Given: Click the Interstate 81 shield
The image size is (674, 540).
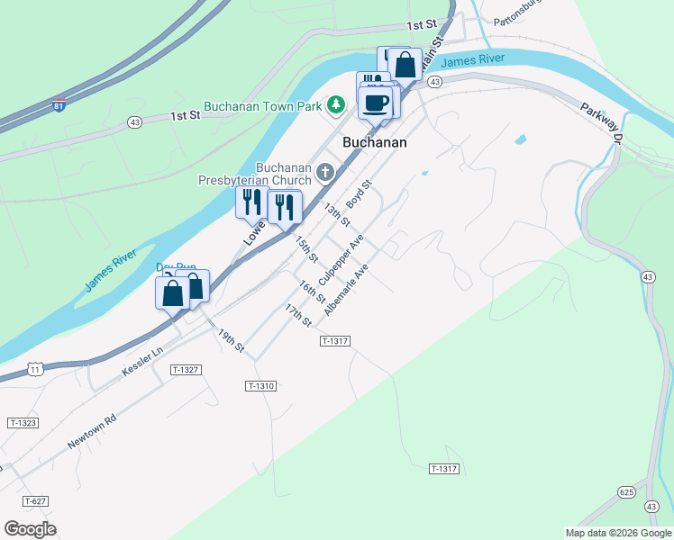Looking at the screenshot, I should tap(59, 104).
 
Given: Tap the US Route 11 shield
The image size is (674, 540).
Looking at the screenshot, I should tap(34, 369).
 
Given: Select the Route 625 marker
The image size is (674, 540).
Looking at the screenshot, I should tap(627, 491).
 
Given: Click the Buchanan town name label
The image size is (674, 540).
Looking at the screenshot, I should tap(375, 142).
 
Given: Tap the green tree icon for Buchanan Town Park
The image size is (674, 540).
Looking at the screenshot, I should tap(336, 105).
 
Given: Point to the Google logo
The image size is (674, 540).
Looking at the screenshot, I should tap(30, 528).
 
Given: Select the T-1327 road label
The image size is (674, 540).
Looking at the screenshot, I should tap(185, 370).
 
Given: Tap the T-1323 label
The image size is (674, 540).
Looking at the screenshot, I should tap(23, 422).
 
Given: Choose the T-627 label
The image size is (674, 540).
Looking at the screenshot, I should tap(34, 500).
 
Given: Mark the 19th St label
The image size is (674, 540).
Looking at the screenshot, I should tap(231, 340).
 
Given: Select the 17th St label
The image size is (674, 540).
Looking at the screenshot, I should tap(297, 316).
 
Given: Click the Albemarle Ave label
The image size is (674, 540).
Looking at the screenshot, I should tap(347, 288).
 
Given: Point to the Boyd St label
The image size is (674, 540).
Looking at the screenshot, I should tap(359, 194).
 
